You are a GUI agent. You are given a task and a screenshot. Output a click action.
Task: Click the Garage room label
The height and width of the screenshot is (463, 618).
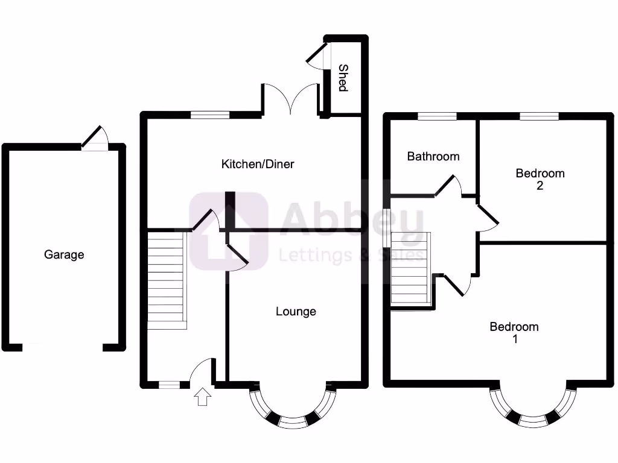coord(64,255)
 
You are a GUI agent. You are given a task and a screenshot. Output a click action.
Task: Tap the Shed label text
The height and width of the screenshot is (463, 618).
coord(343,78)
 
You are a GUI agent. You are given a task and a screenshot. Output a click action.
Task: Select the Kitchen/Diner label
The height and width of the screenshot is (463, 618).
coord(258,164)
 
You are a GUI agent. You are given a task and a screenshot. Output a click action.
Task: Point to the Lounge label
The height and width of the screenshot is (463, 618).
coord(296,312)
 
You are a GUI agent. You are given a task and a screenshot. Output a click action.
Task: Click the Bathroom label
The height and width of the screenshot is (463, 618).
coord(433,157)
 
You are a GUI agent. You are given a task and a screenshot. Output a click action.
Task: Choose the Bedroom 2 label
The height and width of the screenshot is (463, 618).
coord(540,179)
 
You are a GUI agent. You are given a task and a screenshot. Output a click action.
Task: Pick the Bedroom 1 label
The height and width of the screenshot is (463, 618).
coord(514,333)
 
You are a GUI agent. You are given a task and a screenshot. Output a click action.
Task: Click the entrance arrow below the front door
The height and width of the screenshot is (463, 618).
coord(203,397)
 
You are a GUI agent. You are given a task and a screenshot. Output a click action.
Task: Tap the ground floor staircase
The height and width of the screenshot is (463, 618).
coord(166,281)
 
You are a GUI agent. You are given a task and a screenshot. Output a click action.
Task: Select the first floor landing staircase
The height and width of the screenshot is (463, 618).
coord(410,268)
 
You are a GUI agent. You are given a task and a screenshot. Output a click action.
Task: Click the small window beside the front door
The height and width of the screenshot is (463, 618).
coord(169,384)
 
